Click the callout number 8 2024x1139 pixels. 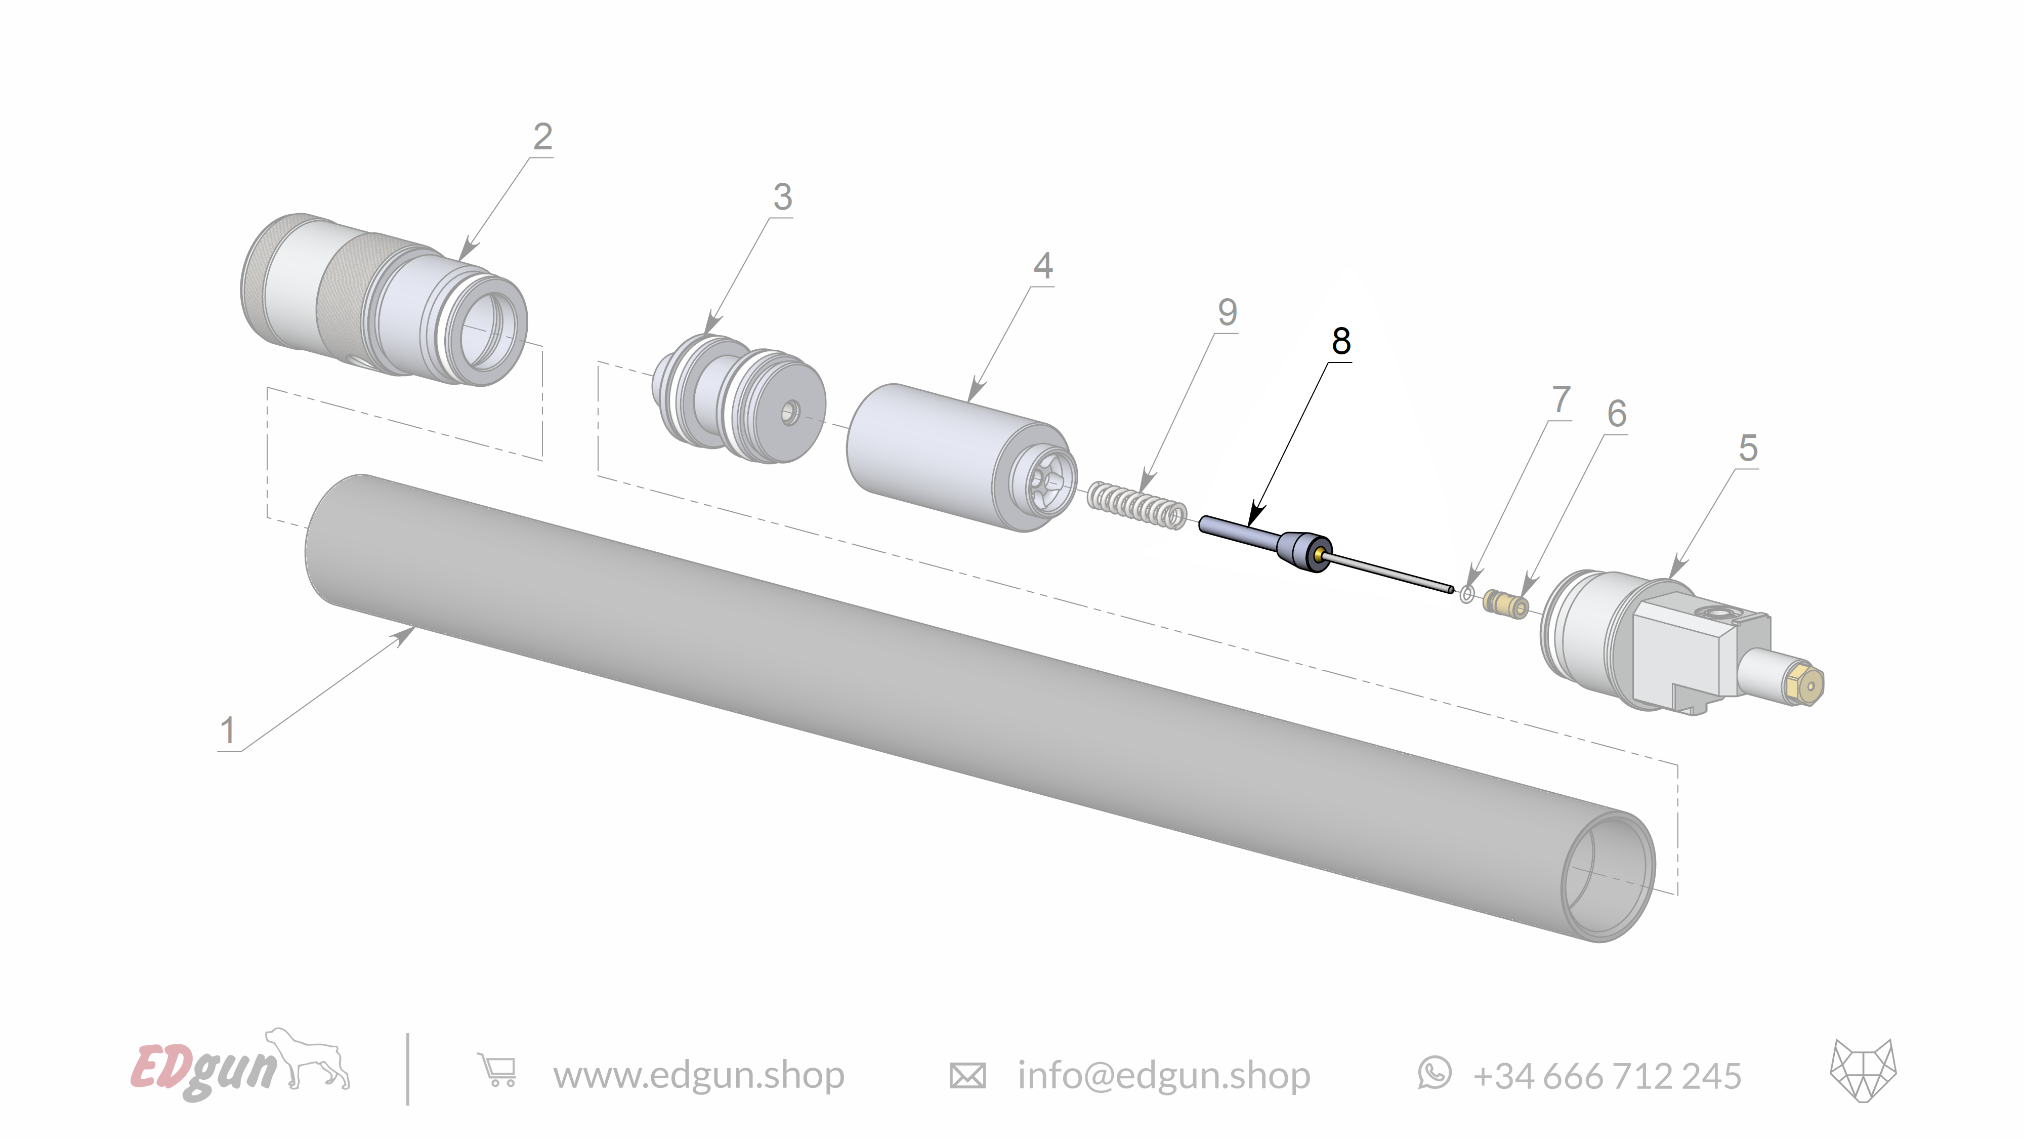[x=1341, y=341]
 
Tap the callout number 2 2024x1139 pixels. [x=542, y=137]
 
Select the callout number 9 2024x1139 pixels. [x=1227, y=313]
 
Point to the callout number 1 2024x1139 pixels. [x=228, y=730]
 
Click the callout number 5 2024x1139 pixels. [x=1747, y=448]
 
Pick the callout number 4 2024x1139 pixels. [x=1043, y=266]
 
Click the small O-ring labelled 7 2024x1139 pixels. [x=1466, y=594]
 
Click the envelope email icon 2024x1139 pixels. [x=967, y=1075]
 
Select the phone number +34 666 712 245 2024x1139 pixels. [x=1607, y=1075]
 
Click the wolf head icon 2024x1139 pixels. [x=1863, y=1071]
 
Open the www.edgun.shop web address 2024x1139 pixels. [x=698, y=1075]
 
